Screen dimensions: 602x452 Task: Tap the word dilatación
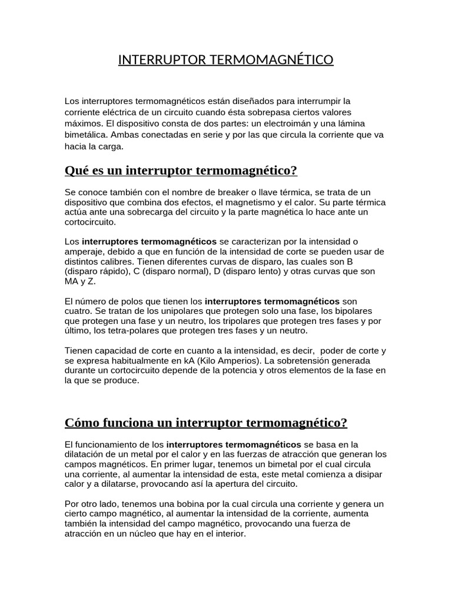coord(87,454)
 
